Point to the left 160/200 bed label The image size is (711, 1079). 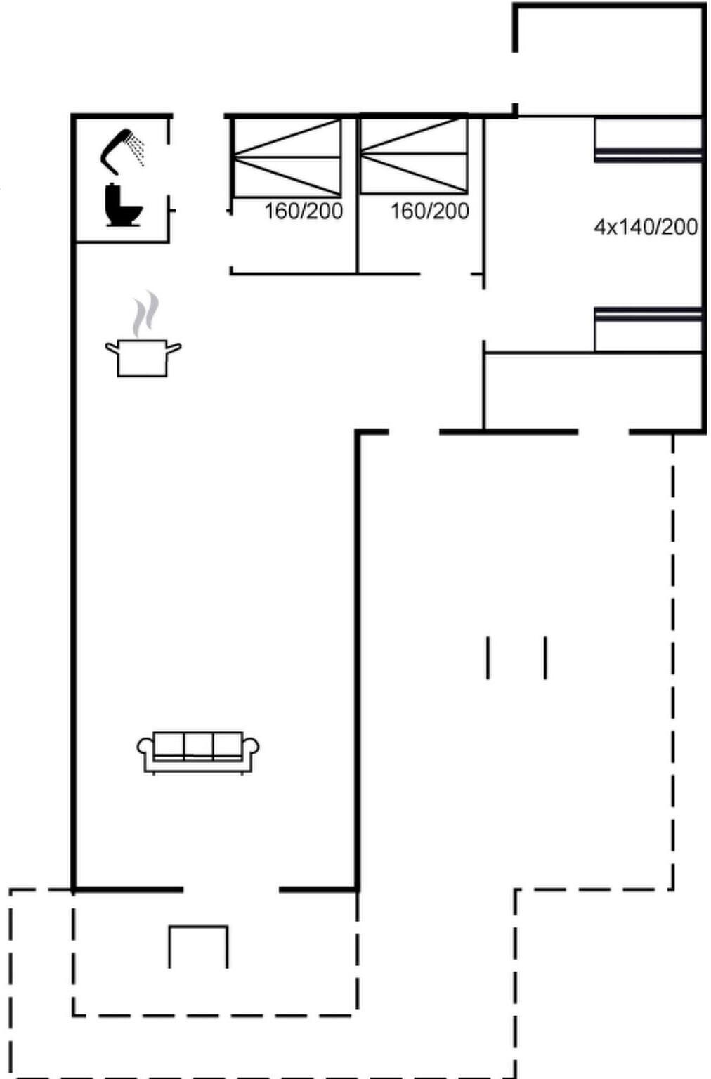point(304,211)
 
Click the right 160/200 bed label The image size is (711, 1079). point(430,211)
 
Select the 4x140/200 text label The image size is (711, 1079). point(646,227)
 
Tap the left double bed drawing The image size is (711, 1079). point(287,157)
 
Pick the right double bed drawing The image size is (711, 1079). point(414,155)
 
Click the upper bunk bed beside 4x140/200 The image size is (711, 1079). point(648,139)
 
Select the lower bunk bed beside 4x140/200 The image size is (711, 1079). point(648,329)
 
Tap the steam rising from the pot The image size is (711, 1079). point(146,313)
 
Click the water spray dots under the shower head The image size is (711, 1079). point(137,150)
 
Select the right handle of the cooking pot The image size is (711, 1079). point(174,347)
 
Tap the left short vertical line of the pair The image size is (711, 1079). point(488,658)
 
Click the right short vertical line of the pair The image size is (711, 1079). point(545,658)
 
